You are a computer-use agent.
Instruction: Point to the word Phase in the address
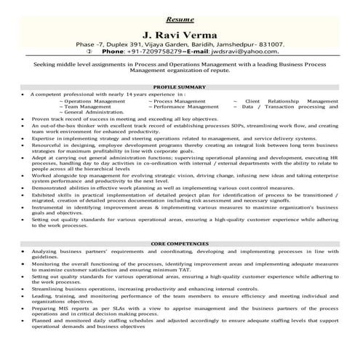[96, 44]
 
